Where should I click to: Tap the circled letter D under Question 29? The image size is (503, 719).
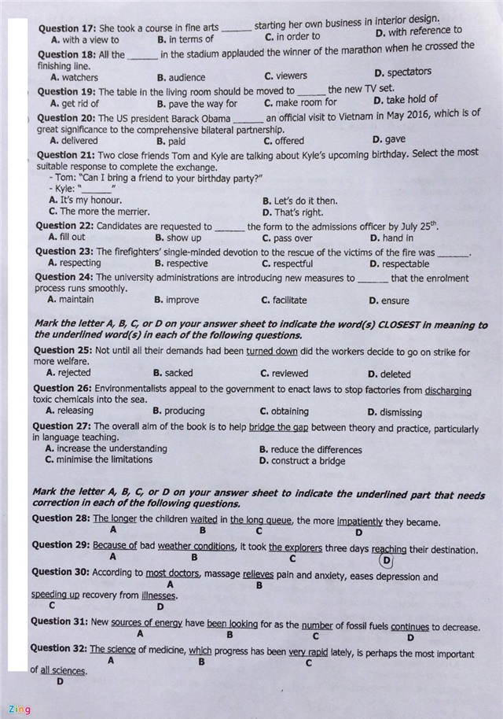pyautogui.click(x=385, y=560)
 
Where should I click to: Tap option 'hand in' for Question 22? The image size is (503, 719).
pyautogui.click(x=397, y=238)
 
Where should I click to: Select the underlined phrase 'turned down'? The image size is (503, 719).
pyautogui.click(x=271, y=352)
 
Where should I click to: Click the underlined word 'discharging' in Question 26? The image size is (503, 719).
pyautogui.click(x=448, y=390)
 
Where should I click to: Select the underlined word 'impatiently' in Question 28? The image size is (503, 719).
pyautogui.click(x=359, y=522)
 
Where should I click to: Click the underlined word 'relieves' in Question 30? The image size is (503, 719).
pyautogui.click(x=258, y=575)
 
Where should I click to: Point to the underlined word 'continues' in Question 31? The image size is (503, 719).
pyautogui.click(x=409, y=627)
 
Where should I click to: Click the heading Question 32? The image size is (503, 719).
pyautogui.click(x=58, y=648)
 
